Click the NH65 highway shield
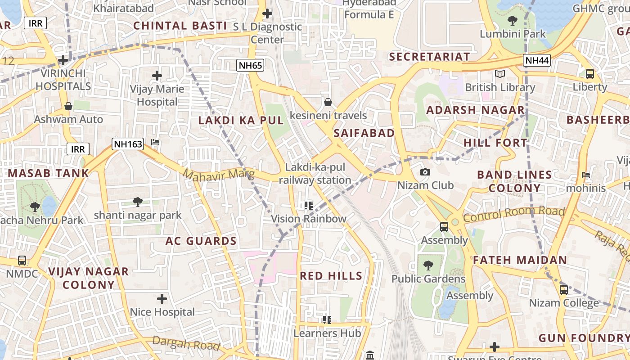point(250,65)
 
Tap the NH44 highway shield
point(537,60)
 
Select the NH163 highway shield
point(128,144)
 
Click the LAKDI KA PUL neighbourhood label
point(241,121)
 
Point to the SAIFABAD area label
point(364,133)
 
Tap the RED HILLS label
point(331,276)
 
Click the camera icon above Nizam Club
point(425,172)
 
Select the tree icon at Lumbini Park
point(512,20)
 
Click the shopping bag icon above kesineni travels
point(328,102)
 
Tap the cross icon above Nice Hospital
point(162,298)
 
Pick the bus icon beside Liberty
point(589,74)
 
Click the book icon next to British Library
point(499,74)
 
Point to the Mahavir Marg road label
point(219,174)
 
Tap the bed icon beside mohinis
point(586,175)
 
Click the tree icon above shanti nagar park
point(138,202)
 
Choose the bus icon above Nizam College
point(564,289)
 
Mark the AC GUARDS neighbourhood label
point(201,241)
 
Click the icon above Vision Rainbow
point(308,206)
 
